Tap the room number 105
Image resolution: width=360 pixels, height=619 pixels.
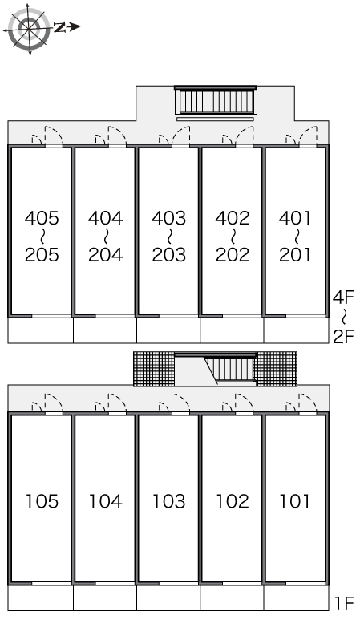click(x=42, y=501)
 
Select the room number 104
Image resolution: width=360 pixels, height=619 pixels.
click(x=105, y=501)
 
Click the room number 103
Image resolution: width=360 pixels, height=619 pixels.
click(x=169, y=501)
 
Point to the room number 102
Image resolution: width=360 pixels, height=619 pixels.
click(x=233, y=501)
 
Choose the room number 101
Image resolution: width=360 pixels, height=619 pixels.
click(x=295, y=501)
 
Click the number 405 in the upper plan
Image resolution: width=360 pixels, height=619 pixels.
click(x=42, y=218)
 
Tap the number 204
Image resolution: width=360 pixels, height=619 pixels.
click(x=105, y=255)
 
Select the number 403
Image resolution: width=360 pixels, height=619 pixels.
click(x=169, y=218)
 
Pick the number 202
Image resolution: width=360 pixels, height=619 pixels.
click(x=233, y=255)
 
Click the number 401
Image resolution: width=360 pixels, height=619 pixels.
click(x=295, y=218)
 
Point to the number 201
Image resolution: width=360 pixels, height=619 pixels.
click(x=295, y=255)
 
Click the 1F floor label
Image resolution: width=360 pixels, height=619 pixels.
click(x=344, y=603)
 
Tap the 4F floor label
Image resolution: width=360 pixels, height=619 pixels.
click(x=344, y=297)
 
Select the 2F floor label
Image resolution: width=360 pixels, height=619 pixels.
click(x=344, y=336)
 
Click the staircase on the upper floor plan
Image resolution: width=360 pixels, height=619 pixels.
click(x=216, y=101)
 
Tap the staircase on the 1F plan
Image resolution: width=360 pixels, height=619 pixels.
click(x=230, y=370)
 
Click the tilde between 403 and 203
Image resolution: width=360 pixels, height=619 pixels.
click(x=169, y=237)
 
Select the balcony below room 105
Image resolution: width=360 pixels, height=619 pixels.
click(x=41, y=597)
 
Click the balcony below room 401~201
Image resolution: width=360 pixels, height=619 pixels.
click(x=296, y=330)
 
